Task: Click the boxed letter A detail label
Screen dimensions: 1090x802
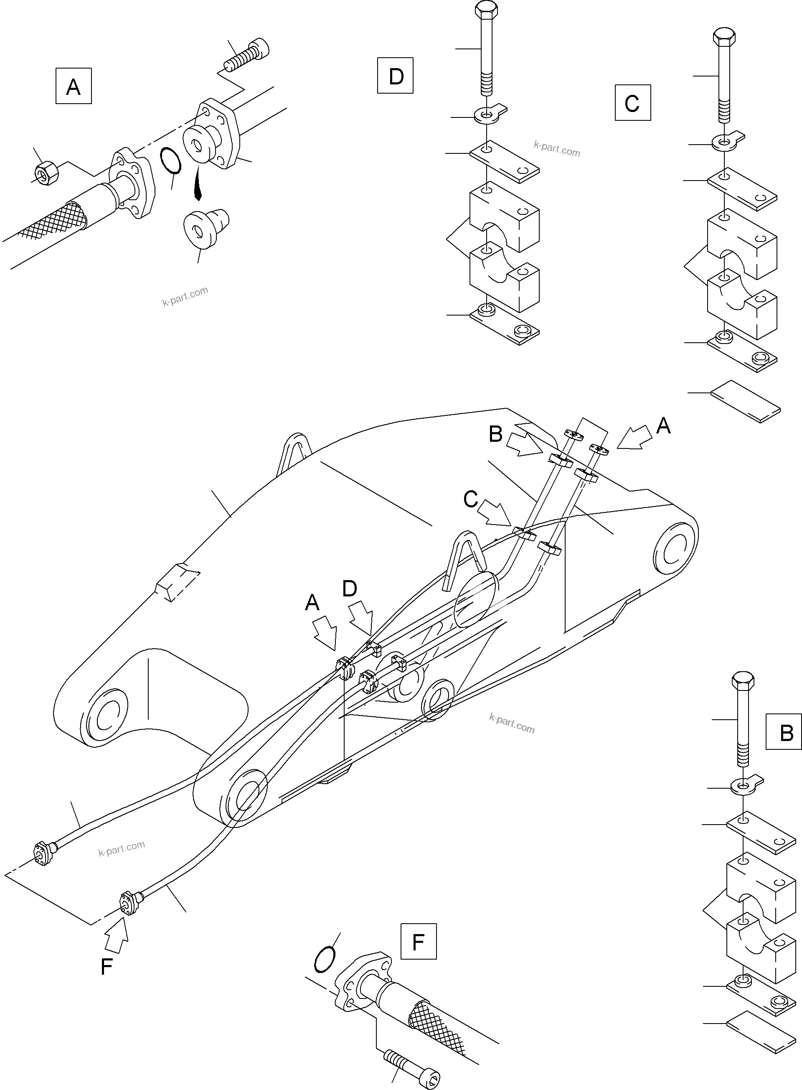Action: tap(73, 86)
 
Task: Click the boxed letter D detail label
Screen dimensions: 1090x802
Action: tap(395, 75)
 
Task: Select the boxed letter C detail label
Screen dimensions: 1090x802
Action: tap(632, 103)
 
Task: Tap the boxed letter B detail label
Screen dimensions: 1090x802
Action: tap(783, 731)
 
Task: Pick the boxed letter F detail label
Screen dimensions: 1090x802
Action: tap(418, 941)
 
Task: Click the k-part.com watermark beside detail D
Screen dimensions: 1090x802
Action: tap(556, 149)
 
